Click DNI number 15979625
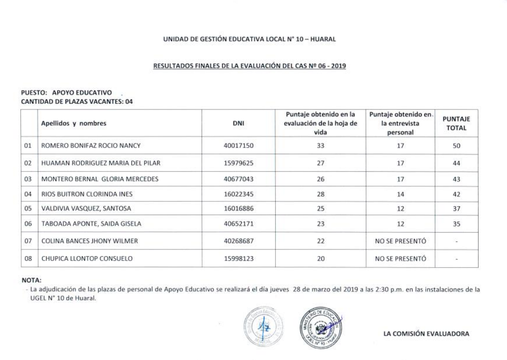[x=238, y=163]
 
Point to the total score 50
[x=456, y=146]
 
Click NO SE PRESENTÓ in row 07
[x=401, y=241]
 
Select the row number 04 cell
[x=28, y=194]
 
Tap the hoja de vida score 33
[x=320, y=146]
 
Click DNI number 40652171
[x=238, y=224]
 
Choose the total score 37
[x=456, y=209]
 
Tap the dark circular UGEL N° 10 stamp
[x=321, y=328]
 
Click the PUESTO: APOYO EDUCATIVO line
[x=66, y=93]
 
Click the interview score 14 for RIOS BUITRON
[x=401, y=194]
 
